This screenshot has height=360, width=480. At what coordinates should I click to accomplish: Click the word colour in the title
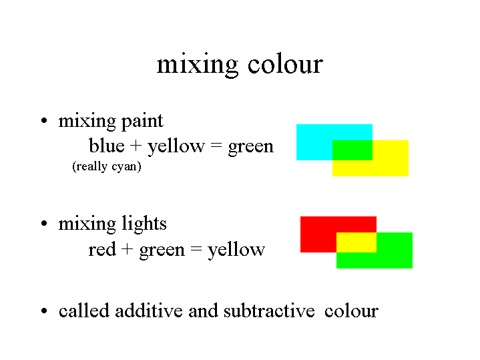coord(285,64)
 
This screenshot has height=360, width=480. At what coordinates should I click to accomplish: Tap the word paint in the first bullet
coord(142,122)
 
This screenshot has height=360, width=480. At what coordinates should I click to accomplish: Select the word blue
coord(107,145)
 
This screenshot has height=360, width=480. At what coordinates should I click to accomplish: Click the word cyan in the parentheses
coord(124,167)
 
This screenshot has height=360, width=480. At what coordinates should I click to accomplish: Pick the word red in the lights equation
coord(102,249)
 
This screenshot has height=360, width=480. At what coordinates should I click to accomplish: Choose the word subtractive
coord(269,311)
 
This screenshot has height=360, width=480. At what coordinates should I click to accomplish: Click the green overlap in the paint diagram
coord(352,150)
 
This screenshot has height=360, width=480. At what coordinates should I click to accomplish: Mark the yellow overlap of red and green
coord(356,242)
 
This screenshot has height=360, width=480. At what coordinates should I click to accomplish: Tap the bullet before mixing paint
coord(44,120)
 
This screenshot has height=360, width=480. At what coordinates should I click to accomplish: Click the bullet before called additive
coord(44,311)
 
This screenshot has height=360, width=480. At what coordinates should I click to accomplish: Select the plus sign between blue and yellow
coord(136,146)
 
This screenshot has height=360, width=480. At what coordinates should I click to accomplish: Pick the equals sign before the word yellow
coord(196,249)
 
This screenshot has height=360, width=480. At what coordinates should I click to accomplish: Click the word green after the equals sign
coord(251,147)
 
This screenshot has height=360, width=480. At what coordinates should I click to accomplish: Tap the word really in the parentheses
coord(91,166)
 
